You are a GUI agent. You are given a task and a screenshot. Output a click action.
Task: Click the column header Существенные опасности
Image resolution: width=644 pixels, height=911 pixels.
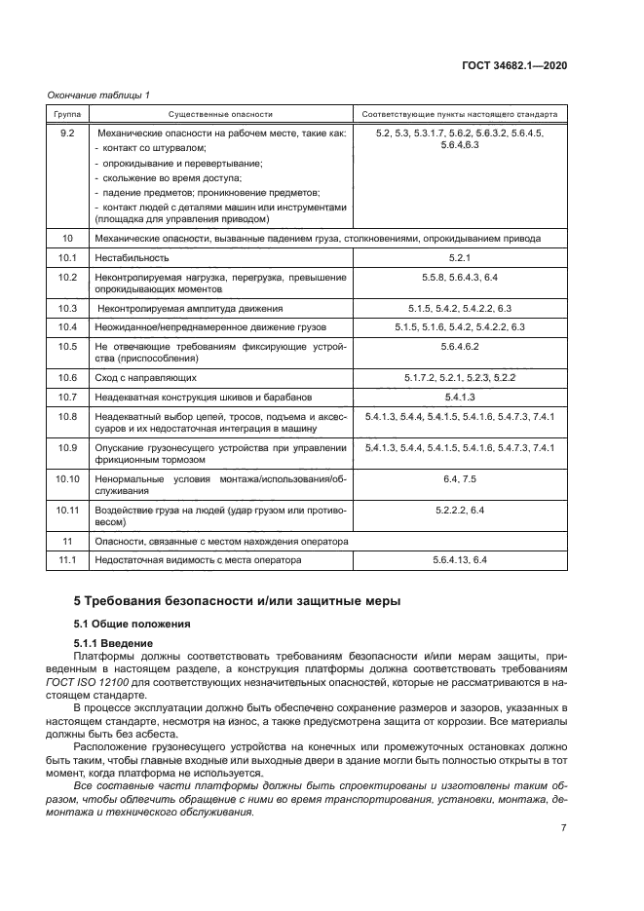tap(220, 113)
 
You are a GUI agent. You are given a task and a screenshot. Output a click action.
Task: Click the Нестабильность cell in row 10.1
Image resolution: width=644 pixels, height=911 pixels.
tap(132, 258)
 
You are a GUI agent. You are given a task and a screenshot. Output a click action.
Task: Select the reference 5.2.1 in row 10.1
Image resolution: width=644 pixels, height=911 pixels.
tap(459, 258)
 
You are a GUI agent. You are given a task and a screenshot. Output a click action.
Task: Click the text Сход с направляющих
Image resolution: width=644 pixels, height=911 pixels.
tap(145, 377)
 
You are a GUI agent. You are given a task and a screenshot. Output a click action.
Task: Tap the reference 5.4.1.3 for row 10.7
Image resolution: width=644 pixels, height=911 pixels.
tap(459, 397)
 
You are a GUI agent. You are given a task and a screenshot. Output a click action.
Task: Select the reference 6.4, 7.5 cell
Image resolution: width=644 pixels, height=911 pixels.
tap(459, 478)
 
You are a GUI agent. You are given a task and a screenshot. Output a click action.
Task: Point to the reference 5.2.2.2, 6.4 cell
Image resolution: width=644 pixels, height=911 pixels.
tap(459, 510)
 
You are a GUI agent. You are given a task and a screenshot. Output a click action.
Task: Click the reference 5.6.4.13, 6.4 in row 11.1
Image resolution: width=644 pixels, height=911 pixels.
tap(459, 560)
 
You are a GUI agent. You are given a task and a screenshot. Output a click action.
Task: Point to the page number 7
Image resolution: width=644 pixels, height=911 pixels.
tap(563, 828)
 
